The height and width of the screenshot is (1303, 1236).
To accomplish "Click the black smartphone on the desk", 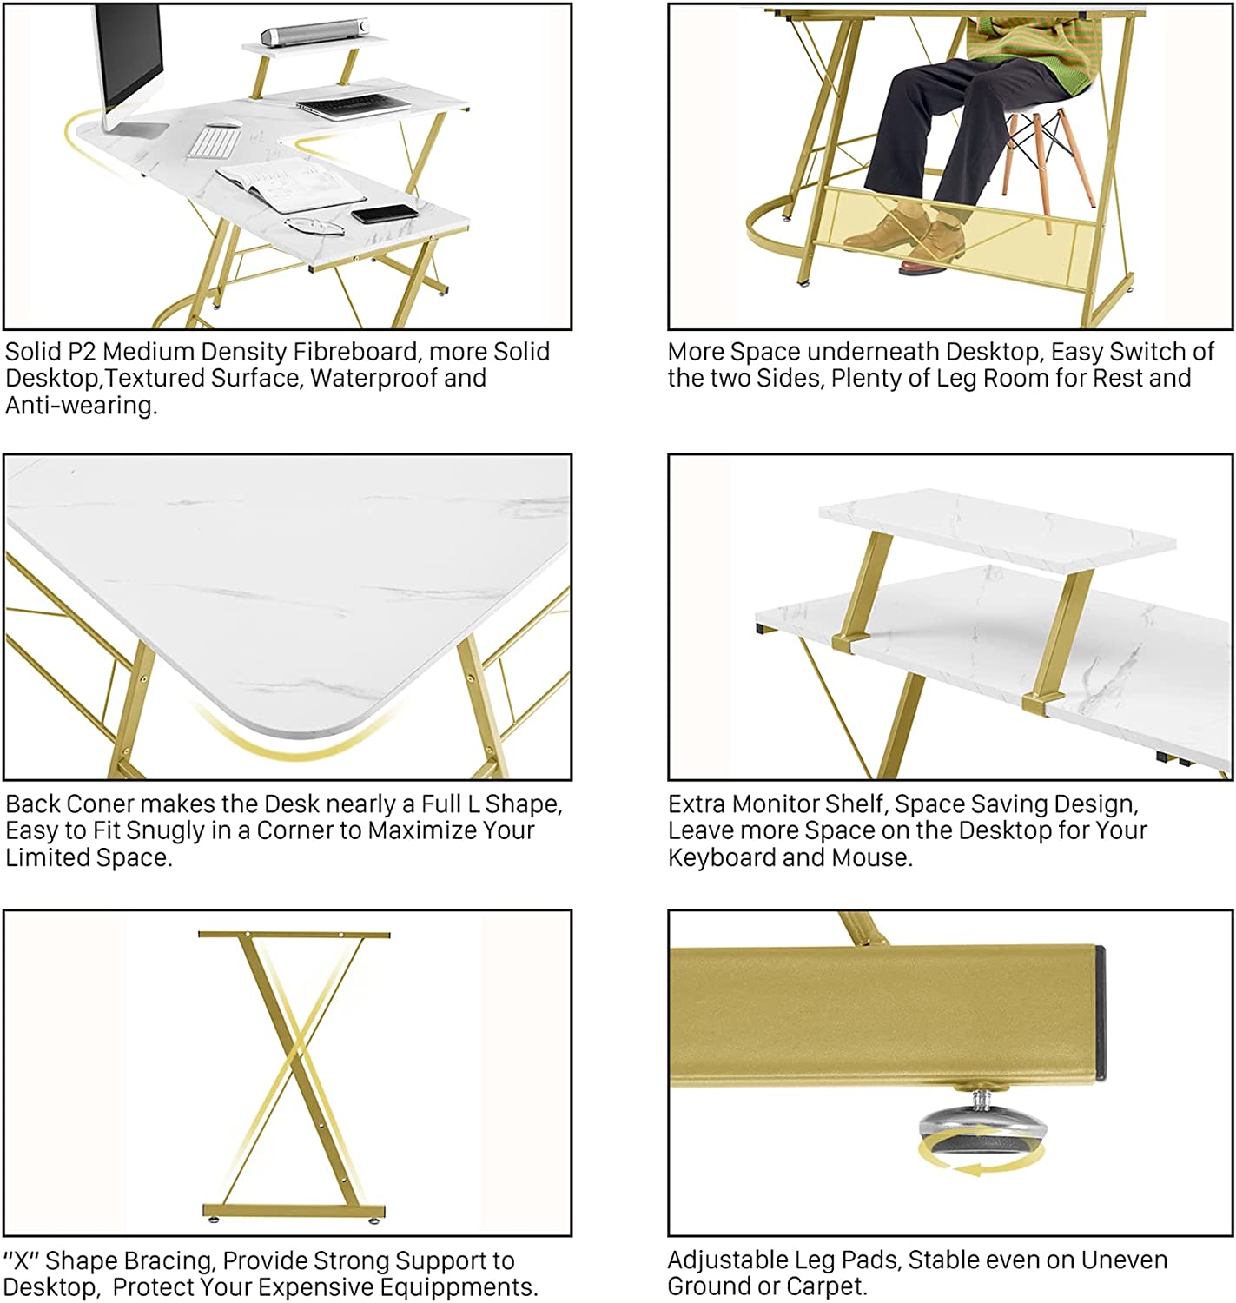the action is pyautogui.click(x=385, y=214).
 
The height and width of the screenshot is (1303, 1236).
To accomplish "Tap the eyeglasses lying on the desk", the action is pyautogui.click(x=314, y=226).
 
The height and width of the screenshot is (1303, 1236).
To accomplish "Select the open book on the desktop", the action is pyautogui.click(x=290, y=183).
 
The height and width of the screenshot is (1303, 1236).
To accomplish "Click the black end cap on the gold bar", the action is pyautogui.click(x=1101, y=1013).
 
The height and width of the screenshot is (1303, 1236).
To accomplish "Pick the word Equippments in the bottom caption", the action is pyautogui.click(x=457, y=1287).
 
